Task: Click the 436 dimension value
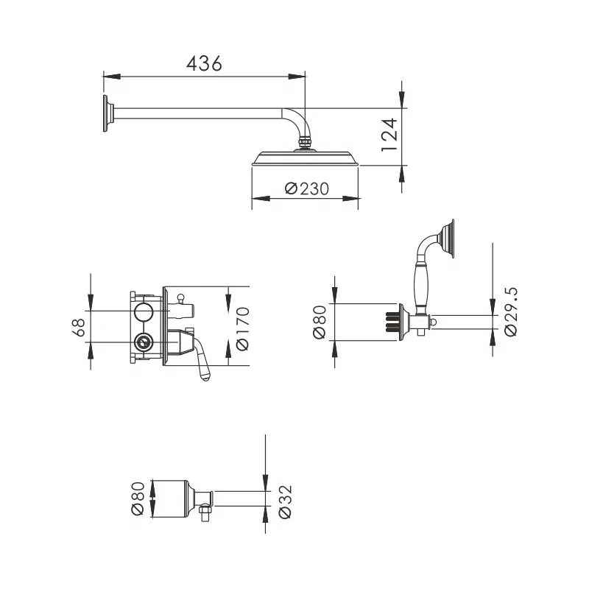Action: point(204,64)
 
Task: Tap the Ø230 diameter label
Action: point(306,188)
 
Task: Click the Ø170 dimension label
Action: point(242,326)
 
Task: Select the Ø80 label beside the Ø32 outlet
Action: point(137,499)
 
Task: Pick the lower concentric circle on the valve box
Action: point(144,342)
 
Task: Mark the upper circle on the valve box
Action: point(144,311)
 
